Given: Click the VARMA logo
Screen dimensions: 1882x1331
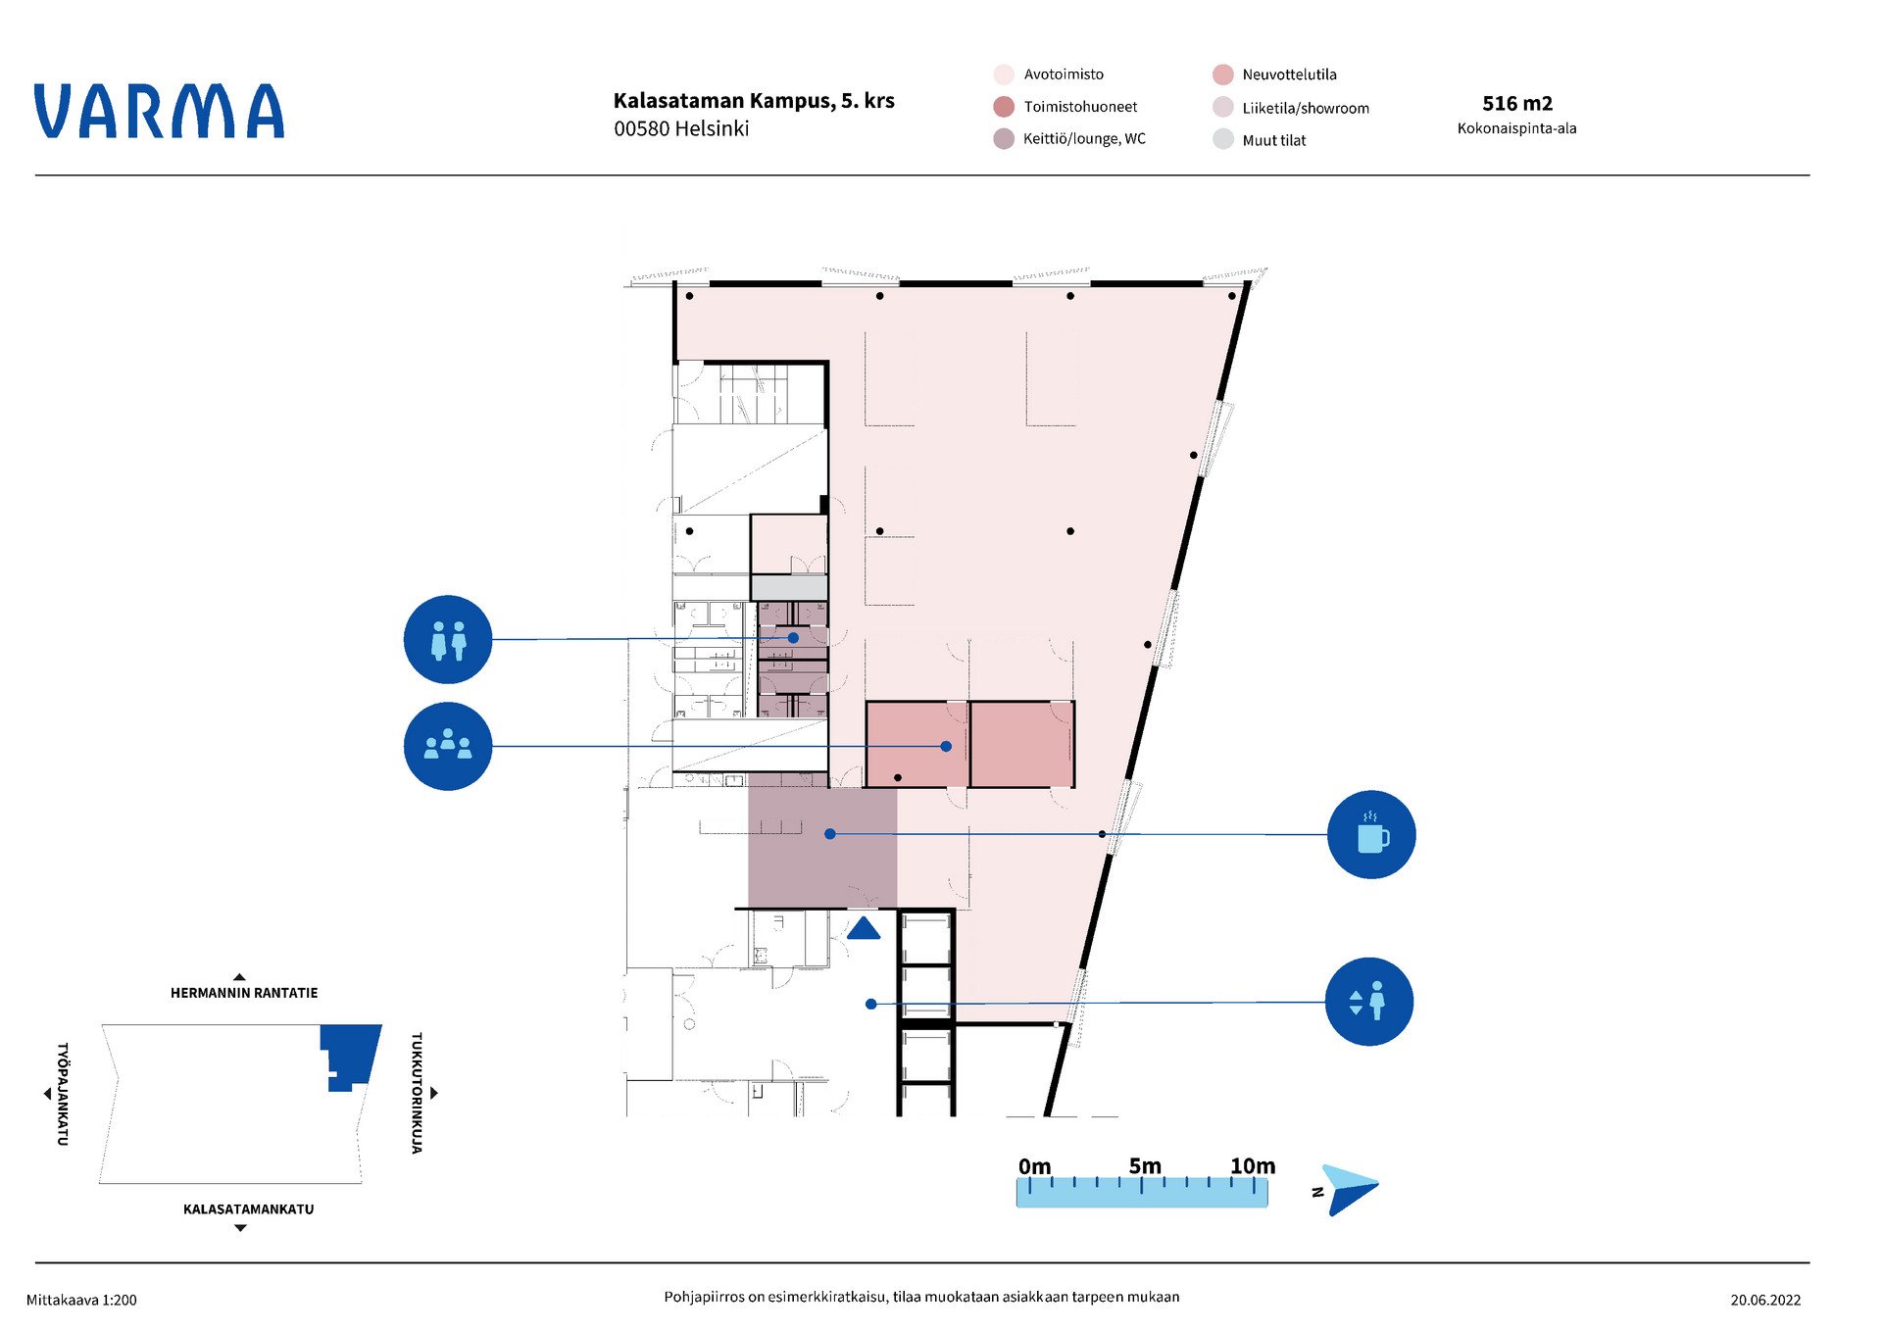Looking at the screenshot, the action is click(159, 111).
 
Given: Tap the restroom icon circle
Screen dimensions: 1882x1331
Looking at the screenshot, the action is click(448, 639).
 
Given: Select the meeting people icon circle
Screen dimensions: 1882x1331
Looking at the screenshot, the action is click(448, 746).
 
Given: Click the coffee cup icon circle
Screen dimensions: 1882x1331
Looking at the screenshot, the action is click(1371, 834).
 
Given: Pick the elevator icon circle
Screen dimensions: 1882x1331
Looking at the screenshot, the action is click(1369, 1002).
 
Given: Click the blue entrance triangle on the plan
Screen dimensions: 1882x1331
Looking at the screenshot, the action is click(864, 928).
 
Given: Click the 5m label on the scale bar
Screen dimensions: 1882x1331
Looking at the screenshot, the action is click(1145, 1166).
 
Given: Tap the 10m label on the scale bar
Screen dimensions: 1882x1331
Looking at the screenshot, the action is click(1253, 1166).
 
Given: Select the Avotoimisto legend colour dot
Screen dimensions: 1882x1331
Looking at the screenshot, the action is click(1004, 74).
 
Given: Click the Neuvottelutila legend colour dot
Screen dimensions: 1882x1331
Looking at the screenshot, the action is click(1222, 74).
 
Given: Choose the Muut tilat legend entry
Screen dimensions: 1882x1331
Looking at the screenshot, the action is click(1261, 140).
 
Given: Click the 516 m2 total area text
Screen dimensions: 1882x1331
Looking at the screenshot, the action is click(1517, 104).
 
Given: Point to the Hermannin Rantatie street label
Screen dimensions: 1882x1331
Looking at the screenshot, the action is click(244, 993).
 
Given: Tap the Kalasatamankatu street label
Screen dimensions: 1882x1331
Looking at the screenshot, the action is click(249, 1209).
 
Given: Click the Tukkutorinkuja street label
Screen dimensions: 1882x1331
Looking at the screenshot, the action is click(417, 1093).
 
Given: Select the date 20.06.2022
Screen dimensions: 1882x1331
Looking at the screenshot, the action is click(1765, 1301).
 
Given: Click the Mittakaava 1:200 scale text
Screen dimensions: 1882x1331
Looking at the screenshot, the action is click(81, 1301).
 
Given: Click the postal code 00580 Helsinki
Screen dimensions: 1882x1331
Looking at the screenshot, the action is click(681, 128).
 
